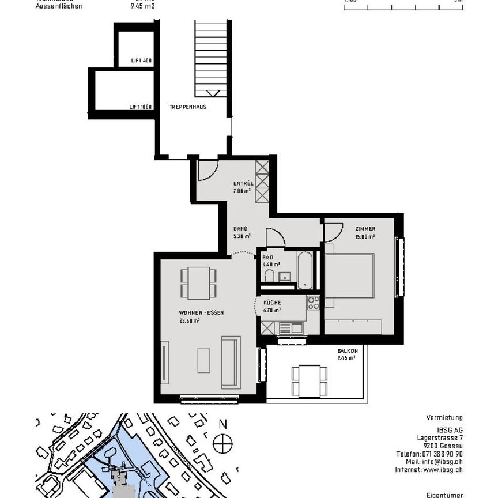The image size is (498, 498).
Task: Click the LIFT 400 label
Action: point(141,61)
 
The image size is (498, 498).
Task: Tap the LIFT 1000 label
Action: point(141,107)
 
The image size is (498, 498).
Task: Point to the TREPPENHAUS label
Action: point(188,107)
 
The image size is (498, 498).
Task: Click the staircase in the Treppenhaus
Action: point(207,58)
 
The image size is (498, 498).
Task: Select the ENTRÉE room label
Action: point(243,184)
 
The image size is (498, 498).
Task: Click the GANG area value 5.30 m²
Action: point(242,236)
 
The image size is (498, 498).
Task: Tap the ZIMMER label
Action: point(365,229)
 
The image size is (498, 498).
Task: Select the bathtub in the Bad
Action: point(304,269)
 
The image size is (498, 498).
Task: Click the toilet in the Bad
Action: point(269,278)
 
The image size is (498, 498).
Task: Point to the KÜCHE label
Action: point(272,303)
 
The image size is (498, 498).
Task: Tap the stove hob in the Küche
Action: point(313,303)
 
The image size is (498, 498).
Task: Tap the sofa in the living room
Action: point(229,361)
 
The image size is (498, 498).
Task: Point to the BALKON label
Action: point(348,351)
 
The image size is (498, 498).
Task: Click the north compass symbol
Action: point(222,443)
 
